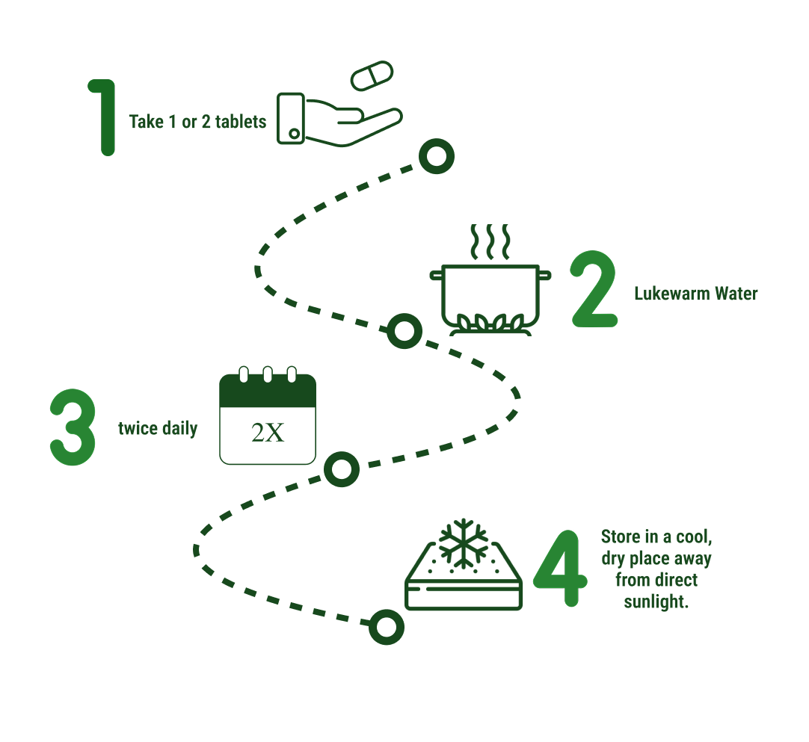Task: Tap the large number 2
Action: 594,290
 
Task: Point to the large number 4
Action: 559,569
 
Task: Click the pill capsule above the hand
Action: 372,76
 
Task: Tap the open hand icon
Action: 336,120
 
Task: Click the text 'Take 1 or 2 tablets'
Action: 197,122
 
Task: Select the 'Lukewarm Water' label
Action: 695,294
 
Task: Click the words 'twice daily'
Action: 158,429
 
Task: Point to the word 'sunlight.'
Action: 656,601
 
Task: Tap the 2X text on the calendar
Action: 268,433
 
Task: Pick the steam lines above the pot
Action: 489,241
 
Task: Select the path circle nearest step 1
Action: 436,157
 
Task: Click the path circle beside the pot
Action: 404,331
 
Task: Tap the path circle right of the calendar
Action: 342,469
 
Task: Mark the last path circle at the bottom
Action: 387,627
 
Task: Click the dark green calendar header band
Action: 268,392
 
